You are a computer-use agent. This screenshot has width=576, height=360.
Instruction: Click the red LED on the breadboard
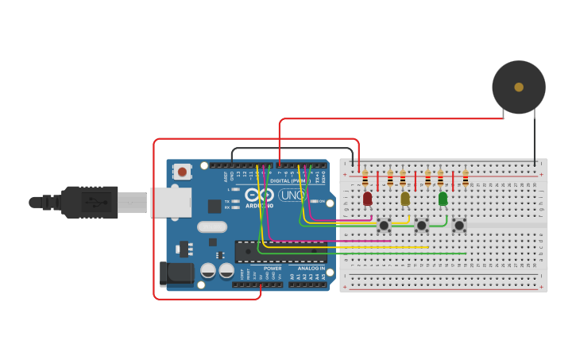click(367, 198)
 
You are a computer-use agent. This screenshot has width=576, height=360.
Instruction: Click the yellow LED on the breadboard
click(405, 198)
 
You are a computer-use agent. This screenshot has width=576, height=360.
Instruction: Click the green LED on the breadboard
click(443, 198)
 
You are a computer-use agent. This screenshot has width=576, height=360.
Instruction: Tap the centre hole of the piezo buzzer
click(519, 87)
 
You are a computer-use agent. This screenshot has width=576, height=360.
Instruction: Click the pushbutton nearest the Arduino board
click(384, 225)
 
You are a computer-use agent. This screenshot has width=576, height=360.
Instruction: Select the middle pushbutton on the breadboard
click(421, 225)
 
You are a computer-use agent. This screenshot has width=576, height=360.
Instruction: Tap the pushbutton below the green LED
click(458, 225)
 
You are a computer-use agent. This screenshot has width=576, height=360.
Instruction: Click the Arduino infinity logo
click(259, 195)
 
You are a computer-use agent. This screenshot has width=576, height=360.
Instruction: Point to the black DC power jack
click(176, 273)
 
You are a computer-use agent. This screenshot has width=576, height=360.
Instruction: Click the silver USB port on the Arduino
click(171, 203)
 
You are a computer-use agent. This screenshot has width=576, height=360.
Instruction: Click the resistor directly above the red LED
click(365, 178)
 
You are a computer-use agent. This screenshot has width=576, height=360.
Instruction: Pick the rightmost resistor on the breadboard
click(465, 178)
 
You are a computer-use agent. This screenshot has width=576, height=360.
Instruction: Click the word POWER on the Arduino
click(273, 269)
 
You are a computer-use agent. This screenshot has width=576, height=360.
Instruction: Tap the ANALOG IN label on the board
click(311, 269)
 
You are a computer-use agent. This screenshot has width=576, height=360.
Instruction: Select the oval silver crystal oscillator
click(212, 226)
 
